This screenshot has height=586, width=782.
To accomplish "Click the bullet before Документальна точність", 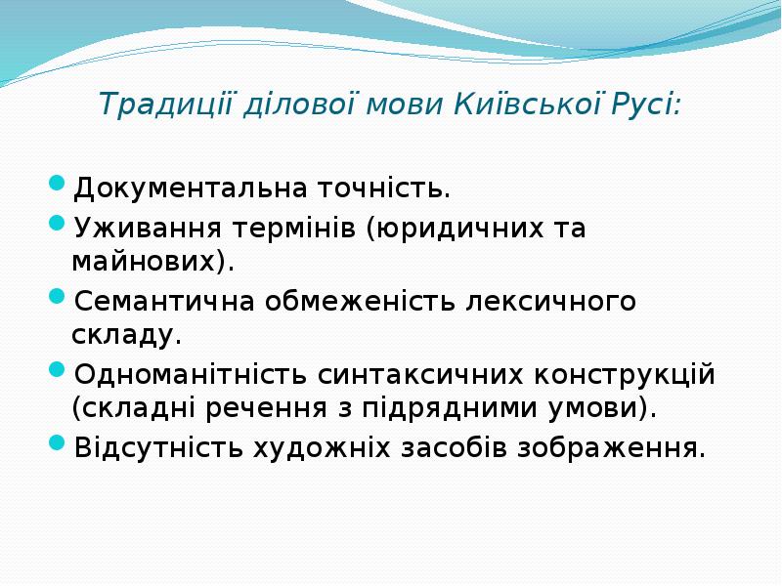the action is pyautogui.click(x=57, y=183).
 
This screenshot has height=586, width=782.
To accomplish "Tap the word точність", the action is pyautogui.click(x=383, y=188).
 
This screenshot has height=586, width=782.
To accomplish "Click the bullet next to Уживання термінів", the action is pyautogui.click(x=57, y=223).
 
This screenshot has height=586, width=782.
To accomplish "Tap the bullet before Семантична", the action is pyautogui.click(x=57, y=296).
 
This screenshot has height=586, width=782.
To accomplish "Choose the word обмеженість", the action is pyautogui.click(x=360, y=302).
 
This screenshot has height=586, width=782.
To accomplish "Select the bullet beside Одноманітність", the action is pyautogui.click(x=57, y=369).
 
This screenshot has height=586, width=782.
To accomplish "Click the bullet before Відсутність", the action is pyautogui.click(x=57, y=442).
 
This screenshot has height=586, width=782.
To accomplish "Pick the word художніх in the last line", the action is pyautogui.click(x=322, y=448).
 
